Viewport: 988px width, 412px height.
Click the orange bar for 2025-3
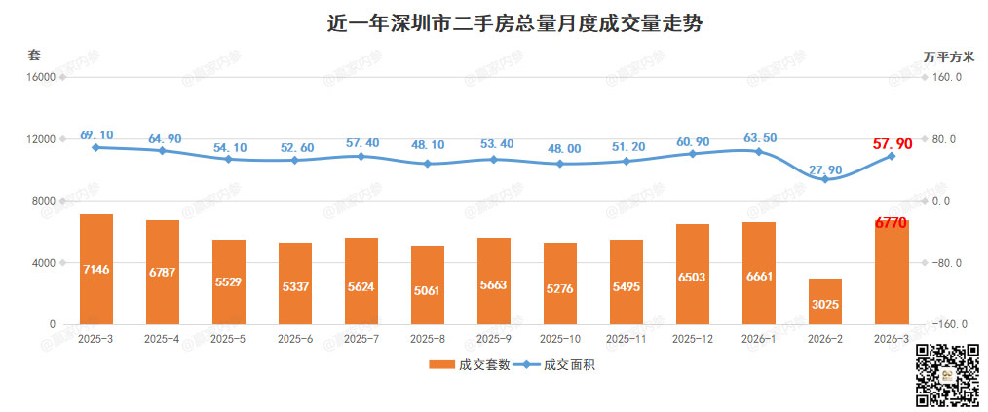(96, 269)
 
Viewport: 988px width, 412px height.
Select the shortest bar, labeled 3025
(825, 301)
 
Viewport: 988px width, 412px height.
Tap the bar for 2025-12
(693, 274)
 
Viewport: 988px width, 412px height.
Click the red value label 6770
(891, 223)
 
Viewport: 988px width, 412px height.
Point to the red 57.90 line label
(893, 144)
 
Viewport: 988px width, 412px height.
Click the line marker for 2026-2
(825, 179)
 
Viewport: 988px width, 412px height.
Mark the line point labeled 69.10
(96, 147)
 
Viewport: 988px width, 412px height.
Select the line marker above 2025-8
(428, 164)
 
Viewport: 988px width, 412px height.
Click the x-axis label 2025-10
(560, 339)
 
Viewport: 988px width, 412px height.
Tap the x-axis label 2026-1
(759, 339)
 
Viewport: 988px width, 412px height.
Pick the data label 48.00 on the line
(560, 149)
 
